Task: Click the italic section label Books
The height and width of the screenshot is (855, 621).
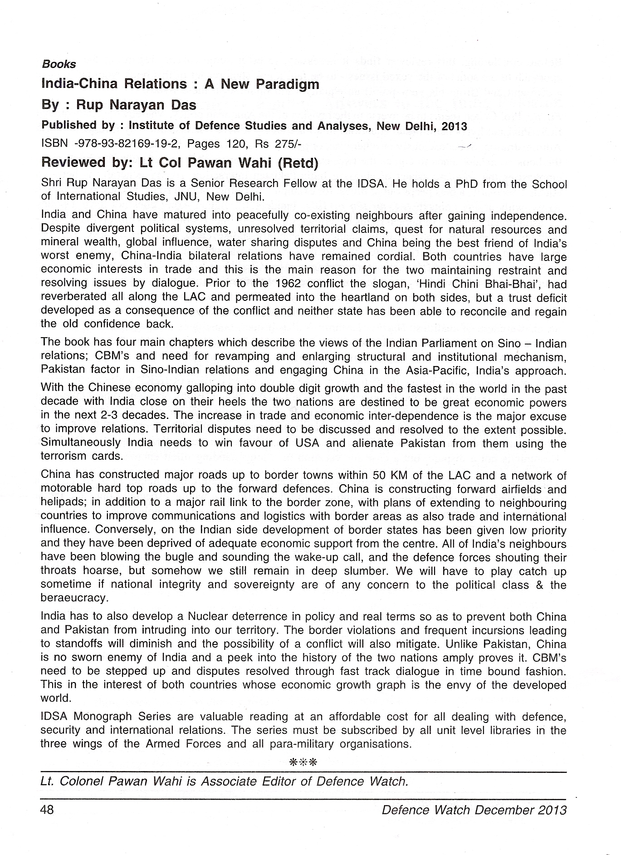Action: coord(59,64)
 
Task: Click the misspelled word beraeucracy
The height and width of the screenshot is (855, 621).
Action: coord(74,598)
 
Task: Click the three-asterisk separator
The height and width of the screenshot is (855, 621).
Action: coord(303,762)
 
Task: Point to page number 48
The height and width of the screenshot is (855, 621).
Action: coord(47,810)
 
